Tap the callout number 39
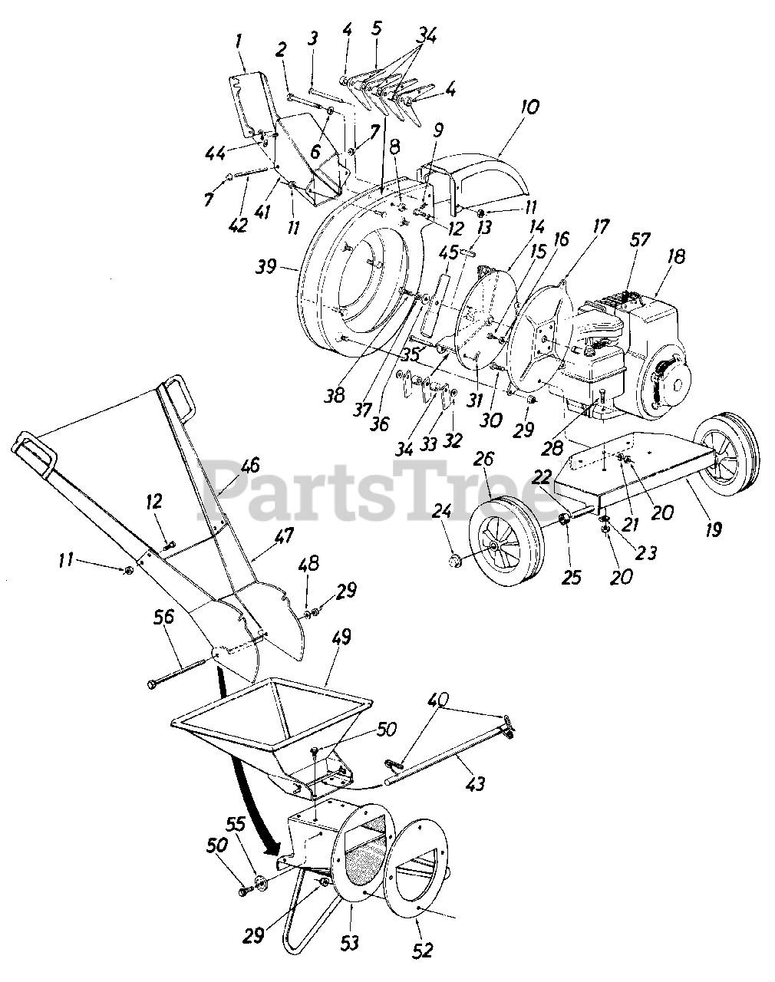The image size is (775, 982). click(266, 266)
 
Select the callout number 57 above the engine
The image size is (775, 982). click(639, 239)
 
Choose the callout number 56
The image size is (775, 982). click(164, 619)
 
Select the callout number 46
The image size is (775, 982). click(249, 466)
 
